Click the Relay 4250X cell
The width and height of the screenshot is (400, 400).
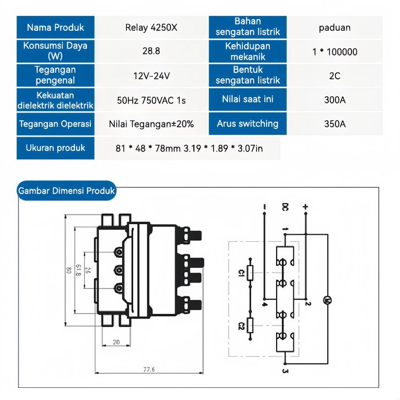tap(152, 28)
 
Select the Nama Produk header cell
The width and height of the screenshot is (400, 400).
tap(55, 28)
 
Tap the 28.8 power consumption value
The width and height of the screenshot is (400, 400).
tap(152, 51)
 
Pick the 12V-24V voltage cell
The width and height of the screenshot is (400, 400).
tap(152, 76)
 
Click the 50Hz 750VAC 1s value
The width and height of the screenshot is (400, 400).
tap(152, 100)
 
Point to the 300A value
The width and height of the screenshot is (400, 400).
tap(334, 100)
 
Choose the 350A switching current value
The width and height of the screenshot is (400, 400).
tap(334, 124)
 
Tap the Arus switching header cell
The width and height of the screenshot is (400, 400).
tap(247, 123)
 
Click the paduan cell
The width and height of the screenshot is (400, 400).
tap(334, 28)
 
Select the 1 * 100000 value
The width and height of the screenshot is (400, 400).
tap(334, 52)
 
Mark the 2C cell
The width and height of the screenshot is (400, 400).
tap(334, 76)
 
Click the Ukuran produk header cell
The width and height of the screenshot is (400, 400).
tap(55, 148)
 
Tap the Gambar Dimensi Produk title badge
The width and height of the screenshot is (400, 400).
tap(67, 191)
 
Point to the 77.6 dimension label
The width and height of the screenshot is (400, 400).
tap(149, 369)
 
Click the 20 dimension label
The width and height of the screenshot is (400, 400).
tap(116, 342)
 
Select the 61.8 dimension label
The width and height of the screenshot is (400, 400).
tap(78, 270)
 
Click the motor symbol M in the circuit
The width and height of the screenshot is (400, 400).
tap(327, 300)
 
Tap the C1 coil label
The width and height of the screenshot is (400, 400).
tap(241, 273)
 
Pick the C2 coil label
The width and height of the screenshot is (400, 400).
tap(241, 326)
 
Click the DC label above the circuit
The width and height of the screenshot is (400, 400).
tap(285, 207)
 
